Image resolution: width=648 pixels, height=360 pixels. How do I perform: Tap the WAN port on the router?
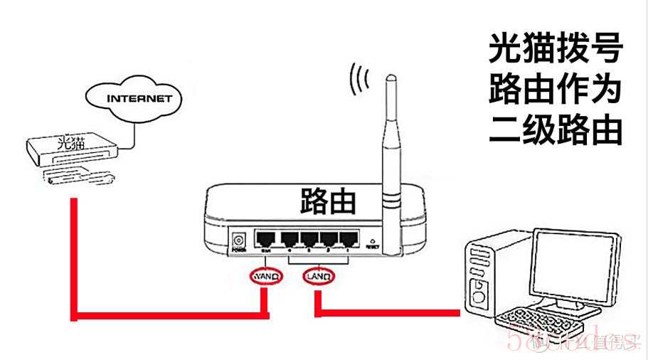[267, 239]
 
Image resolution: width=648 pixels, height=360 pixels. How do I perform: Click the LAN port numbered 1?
[348, 239]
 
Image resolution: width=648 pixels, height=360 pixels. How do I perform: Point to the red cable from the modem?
[74, 263]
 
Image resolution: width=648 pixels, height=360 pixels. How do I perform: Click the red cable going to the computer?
[391, 312]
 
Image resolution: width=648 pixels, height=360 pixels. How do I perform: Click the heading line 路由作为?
[556, 90]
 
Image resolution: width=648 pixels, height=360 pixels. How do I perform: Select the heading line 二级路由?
[556, 131]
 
